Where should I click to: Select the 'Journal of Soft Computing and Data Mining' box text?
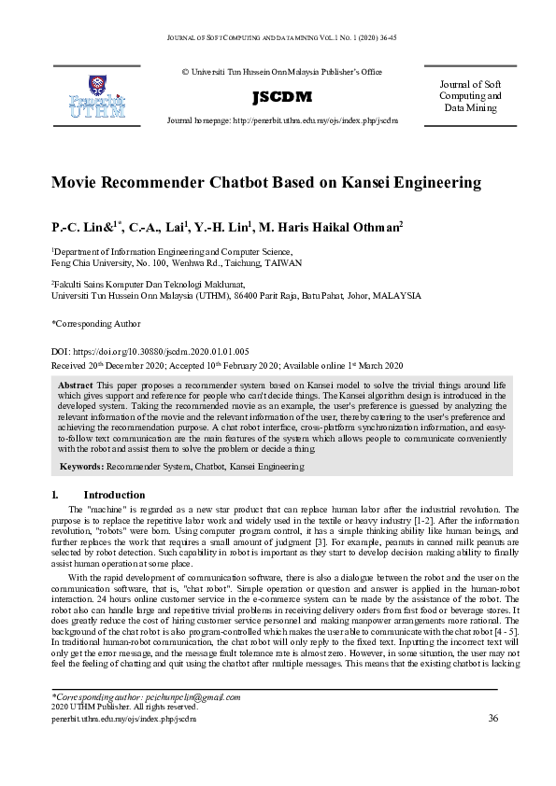(472, 96)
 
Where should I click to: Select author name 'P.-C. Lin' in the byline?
(76, 227)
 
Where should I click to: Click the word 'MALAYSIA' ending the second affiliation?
(397, 295)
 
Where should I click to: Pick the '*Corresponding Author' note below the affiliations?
(96, 323)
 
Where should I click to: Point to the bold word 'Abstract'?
(75, 385)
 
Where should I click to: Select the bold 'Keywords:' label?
(82, 465)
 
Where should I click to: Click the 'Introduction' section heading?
(114, 494)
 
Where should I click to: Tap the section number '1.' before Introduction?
(55, 494)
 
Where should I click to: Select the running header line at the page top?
(278, 37)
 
